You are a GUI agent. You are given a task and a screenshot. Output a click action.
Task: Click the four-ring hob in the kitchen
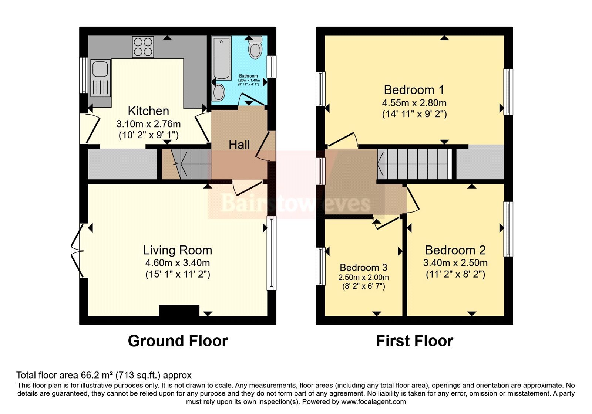(143, 47)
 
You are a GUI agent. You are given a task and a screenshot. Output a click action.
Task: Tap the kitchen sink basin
(100, 69)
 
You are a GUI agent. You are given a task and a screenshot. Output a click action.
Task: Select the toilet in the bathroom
(255, 48)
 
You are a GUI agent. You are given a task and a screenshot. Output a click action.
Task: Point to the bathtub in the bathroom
(221, 58)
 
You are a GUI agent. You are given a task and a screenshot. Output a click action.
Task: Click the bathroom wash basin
(219, 92)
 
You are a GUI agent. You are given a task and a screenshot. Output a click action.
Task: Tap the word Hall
(239, 145)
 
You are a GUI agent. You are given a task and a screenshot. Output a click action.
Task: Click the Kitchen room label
(148, 111)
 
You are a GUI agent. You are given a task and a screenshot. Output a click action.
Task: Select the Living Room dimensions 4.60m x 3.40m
(178, 263)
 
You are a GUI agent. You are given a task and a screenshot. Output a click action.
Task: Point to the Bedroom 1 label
(414, 90)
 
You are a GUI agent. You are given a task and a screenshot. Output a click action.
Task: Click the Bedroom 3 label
(363, 268)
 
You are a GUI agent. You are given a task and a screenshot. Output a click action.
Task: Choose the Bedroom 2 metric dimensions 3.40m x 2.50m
(455, 263)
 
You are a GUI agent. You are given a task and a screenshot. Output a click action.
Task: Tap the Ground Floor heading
(178, 341)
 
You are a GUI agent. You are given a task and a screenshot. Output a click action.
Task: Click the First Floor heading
(414, 341)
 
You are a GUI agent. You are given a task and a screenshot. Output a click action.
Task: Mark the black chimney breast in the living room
(179, 310)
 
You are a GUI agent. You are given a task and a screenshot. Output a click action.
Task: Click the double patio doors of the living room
(78, 251)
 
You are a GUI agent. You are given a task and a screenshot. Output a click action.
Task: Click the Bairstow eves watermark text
(296, 203)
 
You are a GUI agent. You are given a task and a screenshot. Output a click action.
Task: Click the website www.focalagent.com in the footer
(373, 402)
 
